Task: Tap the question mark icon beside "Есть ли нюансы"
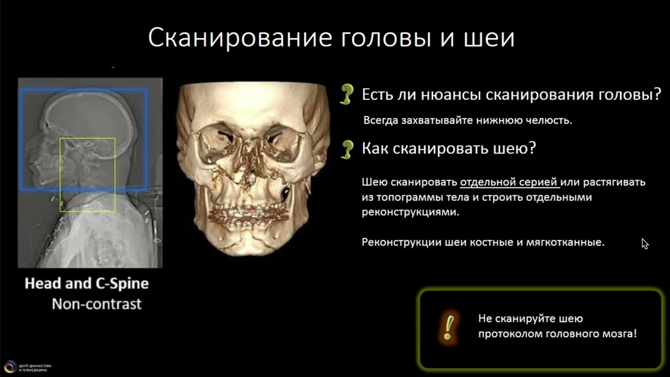tap(346, 95)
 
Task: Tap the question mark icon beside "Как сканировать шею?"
tap(346, 149)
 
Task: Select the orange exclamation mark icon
tap(448, 326)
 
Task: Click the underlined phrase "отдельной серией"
tap(509, 182)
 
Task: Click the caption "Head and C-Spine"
tap(87, 284)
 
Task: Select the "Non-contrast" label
tap(96, 304)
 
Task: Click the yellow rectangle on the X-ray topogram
tap(87, 175)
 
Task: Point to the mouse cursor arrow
tap(645, 243)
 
